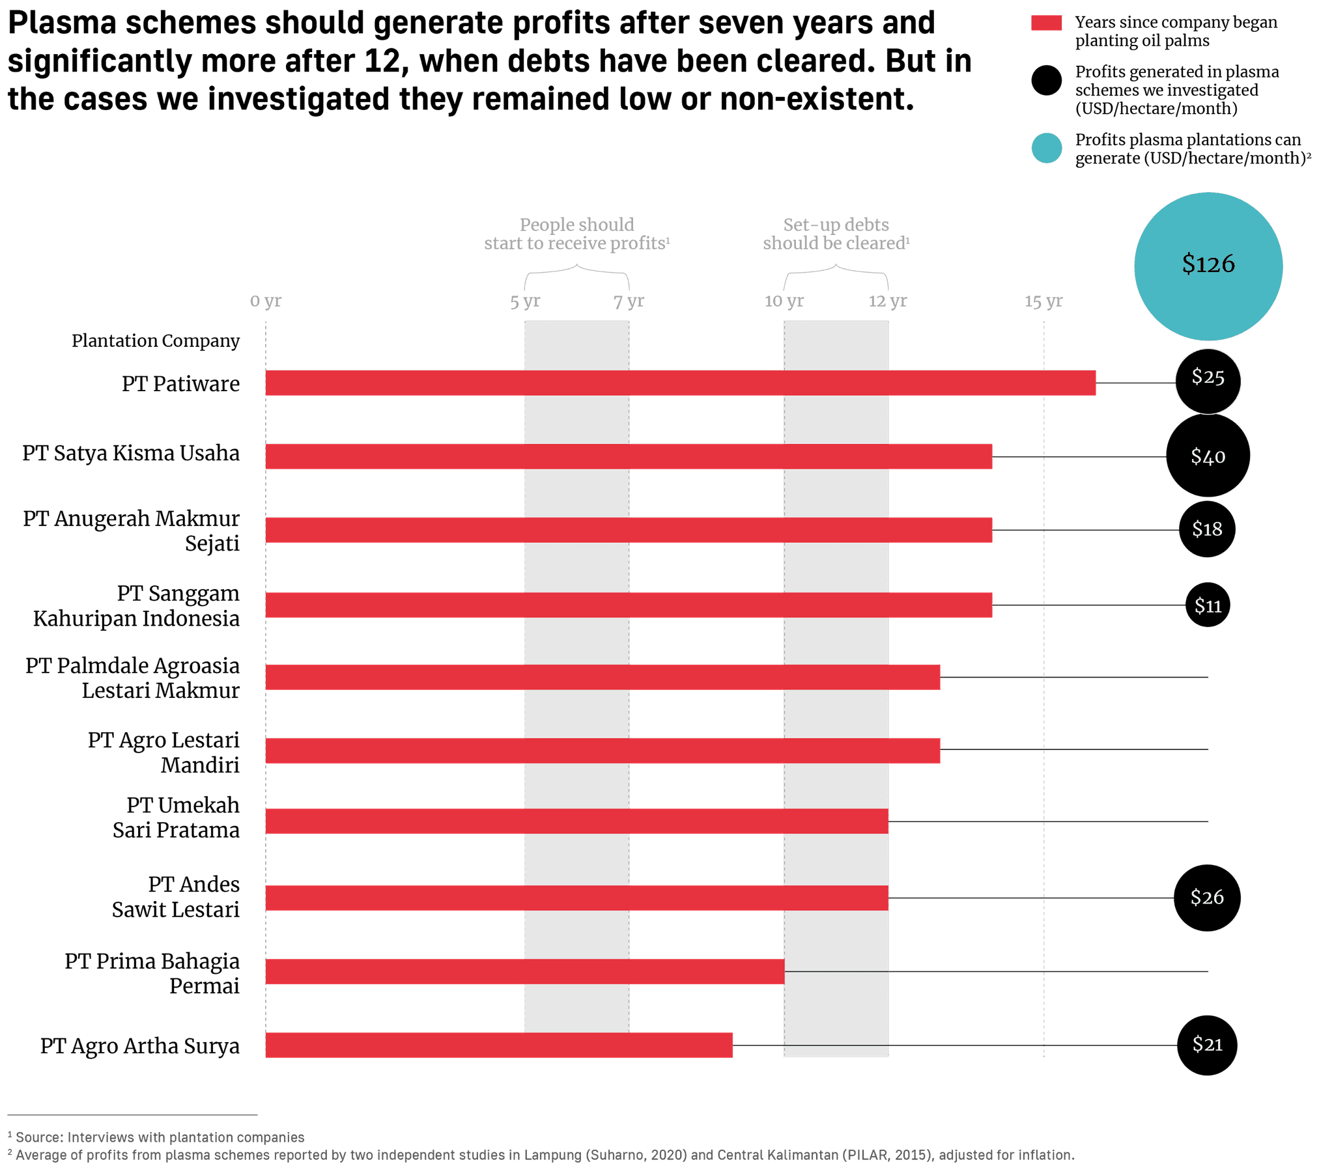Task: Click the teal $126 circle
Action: pos(1208,266)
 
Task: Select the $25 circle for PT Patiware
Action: pos(1208,381)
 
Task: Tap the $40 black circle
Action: pos(1208,456)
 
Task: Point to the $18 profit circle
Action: pos(1207,529)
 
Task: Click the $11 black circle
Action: pos(1208,605)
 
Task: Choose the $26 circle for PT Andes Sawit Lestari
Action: pos(1207,898)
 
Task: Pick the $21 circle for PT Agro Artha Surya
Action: pos(1207,1045)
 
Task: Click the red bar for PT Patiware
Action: pos(680,383)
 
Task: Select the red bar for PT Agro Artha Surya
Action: pos(498,1045)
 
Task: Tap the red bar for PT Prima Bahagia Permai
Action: pos(525,971)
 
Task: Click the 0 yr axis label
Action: pos(266,301)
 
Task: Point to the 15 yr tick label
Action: pos(1043,301)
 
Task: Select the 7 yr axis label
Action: pos(629,301)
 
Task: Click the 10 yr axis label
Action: pos(784,301)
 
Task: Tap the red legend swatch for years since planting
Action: pos(1046,23)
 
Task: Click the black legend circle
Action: pos(1046,81)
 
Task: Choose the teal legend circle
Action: pos(1047,148)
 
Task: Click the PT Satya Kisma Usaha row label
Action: pos(131,454)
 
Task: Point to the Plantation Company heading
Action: pos(155,340)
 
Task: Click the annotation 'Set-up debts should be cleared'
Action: pos(836,234)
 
